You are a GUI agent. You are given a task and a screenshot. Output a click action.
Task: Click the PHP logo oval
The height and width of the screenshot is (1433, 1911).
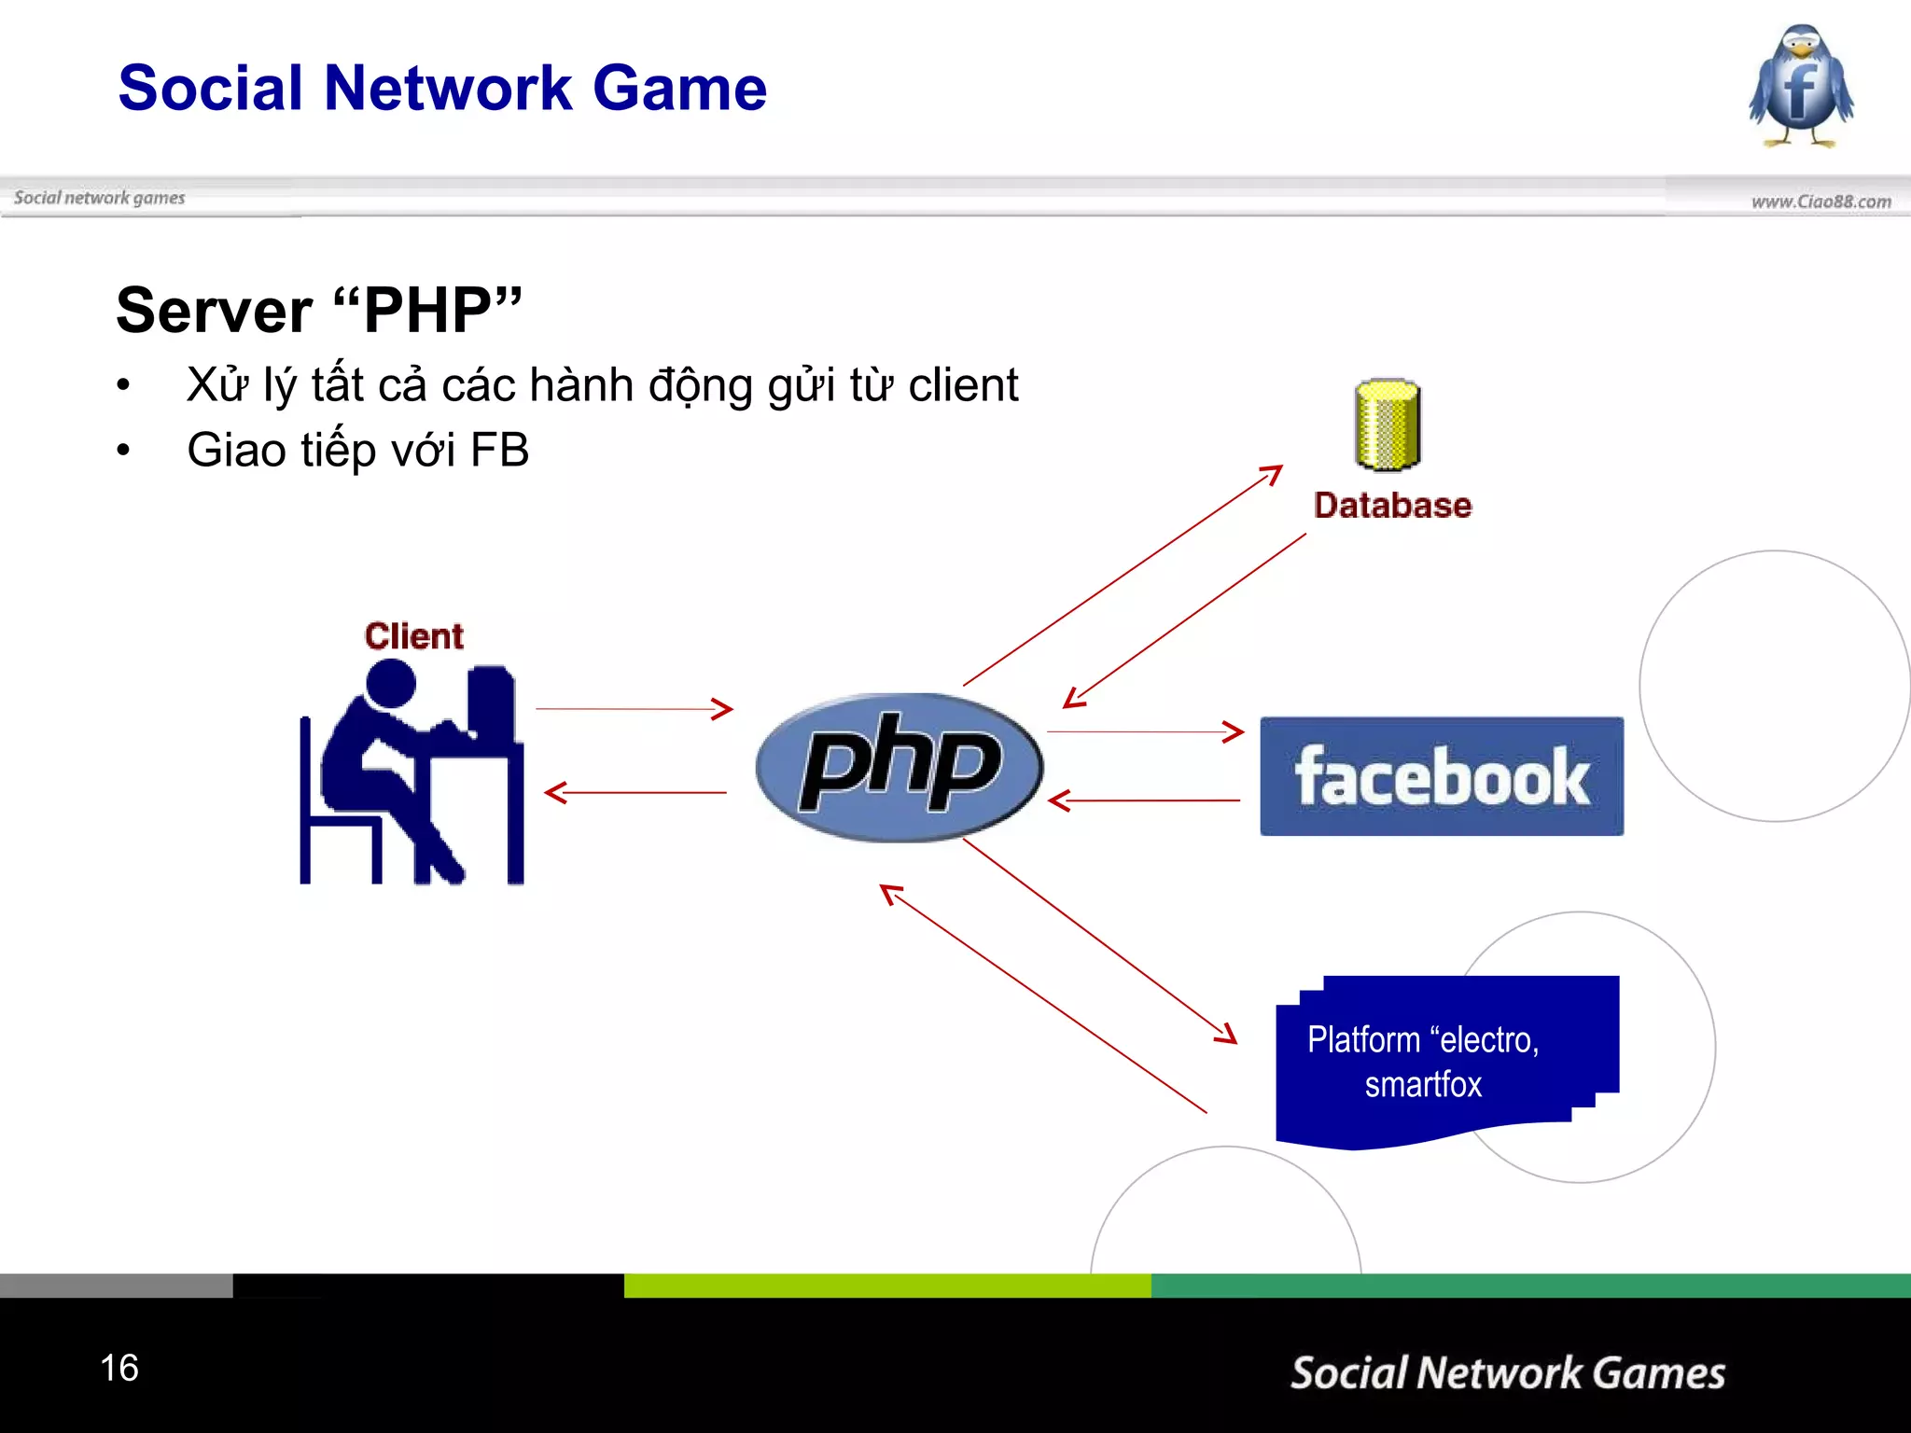tap(899, 767)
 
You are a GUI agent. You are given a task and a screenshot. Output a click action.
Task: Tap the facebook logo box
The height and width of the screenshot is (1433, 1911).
tap(1442, 776)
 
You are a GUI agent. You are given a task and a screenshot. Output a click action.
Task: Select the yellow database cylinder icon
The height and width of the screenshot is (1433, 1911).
tap(1388, 424)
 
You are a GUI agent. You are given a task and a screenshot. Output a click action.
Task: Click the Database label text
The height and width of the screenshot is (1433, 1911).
tap(1392, 505)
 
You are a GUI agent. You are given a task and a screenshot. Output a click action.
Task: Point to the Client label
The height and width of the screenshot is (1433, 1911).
tap(413, 636)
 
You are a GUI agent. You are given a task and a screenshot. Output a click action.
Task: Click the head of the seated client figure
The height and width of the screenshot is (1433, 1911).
tap(390, 683)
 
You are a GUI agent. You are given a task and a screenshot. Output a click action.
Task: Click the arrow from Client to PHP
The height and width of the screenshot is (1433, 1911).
tap(634, 709)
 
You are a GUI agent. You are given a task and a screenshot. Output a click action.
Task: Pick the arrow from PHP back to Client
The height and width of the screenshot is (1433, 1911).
tap(635, 793)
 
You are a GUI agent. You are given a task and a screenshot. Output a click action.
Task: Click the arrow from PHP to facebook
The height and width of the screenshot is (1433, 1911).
tap(1145, 731)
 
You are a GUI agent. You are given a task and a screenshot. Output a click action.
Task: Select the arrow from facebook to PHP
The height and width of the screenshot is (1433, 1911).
tap(1145, 800)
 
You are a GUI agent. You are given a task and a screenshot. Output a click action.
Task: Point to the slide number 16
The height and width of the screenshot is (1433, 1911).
tap(119, 1368)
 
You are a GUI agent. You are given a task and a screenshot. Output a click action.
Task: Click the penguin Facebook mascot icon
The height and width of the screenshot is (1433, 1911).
tap(1801, 87)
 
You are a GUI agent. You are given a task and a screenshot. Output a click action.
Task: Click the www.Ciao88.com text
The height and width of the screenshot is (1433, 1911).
tap(1820, 202)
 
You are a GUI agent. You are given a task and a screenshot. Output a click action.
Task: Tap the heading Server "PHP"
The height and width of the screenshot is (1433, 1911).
tap(318, 311)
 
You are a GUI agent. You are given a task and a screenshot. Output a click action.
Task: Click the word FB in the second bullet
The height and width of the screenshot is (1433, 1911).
tap(499, 450)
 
